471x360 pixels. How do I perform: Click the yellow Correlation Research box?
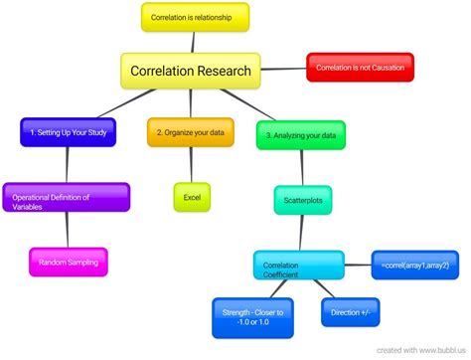click(x=191, y=72)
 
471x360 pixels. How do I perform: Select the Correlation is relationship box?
click(x=194, y=18)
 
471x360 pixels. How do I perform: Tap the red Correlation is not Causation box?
click(x=360, y=67)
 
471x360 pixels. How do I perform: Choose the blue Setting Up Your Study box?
click(x=69, y=131)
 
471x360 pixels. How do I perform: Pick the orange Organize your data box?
click(x=191, y=131)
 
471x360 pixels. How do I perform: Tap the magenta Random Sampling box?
click(x=69, y=262)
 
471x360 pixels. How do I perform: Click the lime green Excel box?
click(x=192, y=197)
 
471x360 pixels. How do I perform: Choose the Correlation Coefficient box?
click(x=298, y=266)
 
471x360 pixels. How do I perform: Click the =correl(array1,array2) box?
click(x=413, y=264)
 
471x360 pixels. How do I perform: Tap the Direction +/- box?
click(x=349, y=312)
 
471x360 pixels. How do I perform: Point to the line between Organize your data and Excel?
click(x=192, y=165)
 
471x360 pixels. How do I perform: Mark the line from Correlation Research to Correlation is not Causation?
click(x=285, y=69)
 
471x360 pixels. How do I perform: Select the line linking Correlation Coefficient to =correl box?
click(x=358, y=265)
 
